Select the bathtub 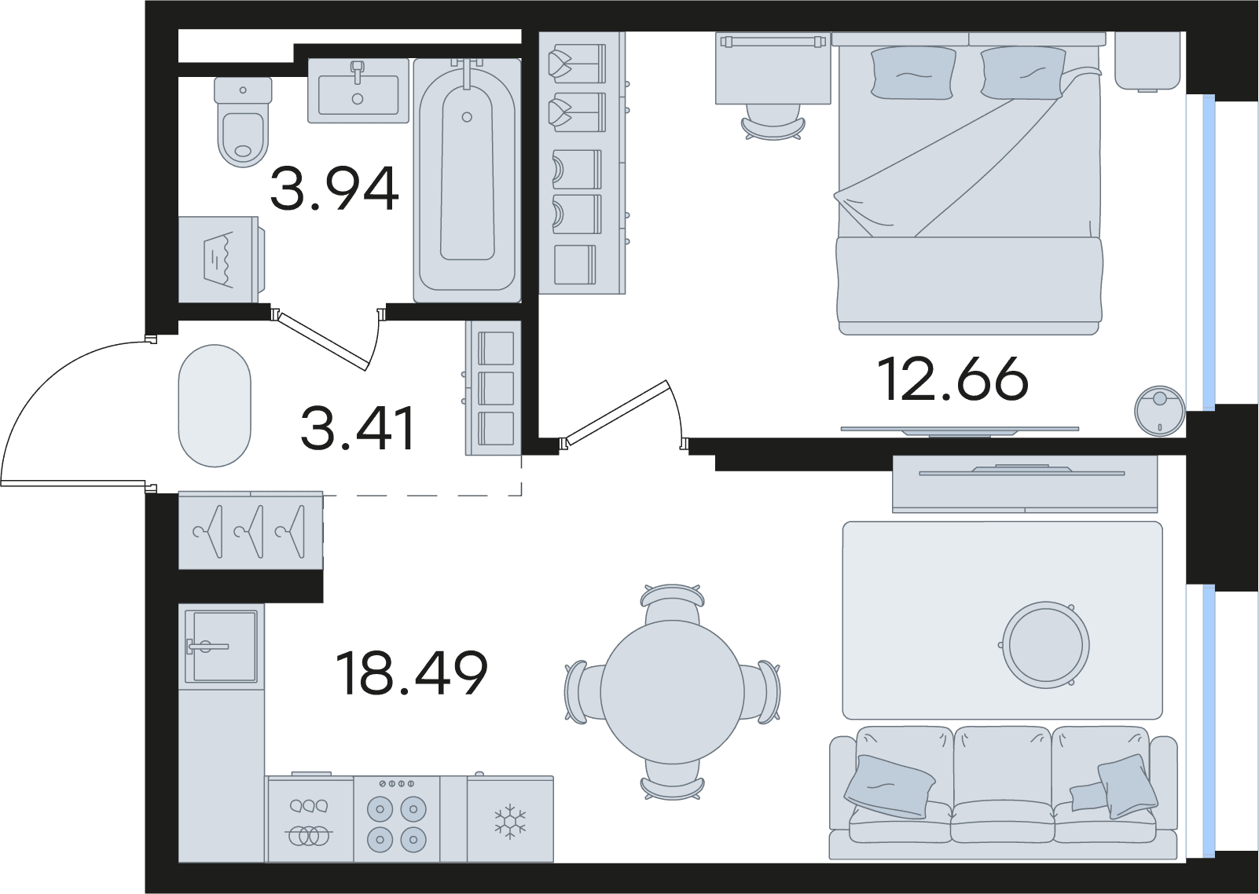click(x=467, y=181)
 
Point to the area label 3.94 click(x=335, y=189)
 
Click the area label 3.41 click(x=358, y=428)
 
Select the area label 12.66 click(x=953, y=379)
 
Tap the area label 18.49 click(x=411, y=673)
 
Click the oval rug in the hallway click(x=215, y=405)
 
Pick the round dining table click(x=672, y=692)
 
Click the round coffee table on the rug click(x=1045, y=645)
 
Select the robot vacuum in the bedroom click(x=1159, y=411)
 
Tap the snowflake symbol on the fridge click(x=510, y=822)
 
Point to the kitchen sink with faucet click(x=222, y=647)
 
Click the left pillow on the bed click(x=913, y=73)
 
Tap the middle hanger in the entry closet click(x=250, y=532)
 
